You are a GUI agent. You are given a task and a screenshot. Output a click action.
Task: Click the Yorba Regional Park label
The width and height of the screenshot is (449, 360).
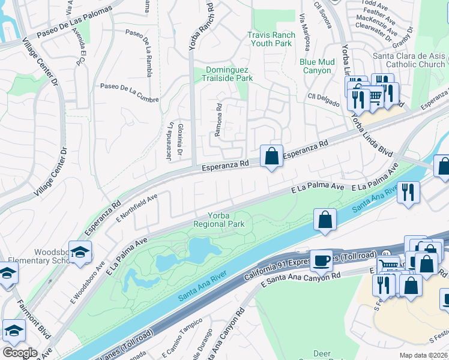point(221,220)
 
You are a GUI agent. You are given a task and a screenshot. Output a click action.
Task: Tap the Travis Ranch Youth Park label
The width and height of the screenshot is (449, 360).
point(271,39)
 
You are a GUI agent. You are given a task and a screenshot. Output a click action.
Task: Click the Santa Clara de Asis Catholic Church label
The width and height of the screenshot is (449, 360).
point(409,60)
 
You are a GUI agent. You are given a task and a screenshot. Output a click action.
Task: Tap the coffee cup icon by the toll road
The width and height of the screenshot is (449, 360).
point(322,260)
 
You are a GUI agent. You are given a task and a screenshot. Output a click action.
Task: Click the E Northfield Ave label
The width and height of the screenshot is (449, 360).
point(137,207)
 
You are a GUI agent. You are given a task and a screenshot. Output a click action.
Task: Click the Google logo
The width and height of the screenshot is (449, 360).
point(19,353)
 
